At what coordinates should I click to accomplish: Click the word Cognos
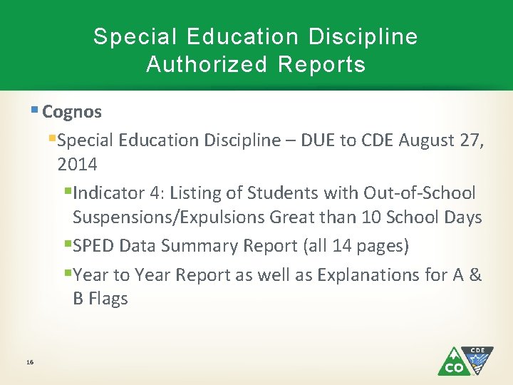72,112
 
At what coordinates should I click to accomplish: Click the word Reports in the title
322,65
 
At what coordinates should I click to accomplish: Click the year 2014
78,165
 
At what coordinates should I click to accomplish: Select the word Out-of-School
419,193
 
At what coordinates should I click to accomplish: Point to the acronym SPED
95,246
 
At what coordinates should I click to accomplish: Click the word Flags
108,299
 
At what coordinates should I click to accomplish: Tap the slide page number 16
29,363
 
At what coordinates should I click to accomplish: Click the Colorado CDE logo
465,361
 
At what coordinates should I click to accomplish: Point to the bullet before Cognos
35,111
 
